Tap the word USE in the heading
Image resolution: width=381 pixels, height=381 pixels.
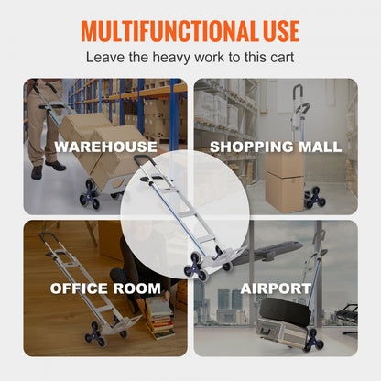click(274, 32)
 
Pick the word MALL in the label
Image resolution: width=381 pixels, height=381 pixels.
click(321, 147)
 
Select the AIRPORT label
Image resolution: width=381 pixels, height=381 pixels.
click(275, 288)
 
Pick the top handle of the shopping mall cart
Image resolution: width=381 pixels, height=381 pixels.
click(297, 93)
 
